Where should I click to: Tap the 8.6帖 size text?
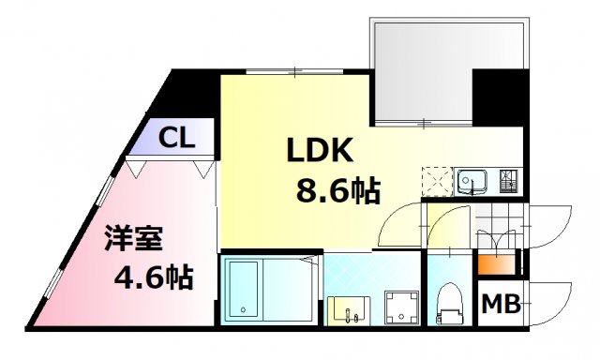337,191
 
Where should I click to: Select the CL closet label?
175,140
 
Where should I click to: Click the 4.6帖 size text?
154,277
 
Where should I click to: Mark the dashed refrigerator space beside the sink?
437,179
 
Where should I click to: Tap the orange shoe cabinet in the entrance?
494,262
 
